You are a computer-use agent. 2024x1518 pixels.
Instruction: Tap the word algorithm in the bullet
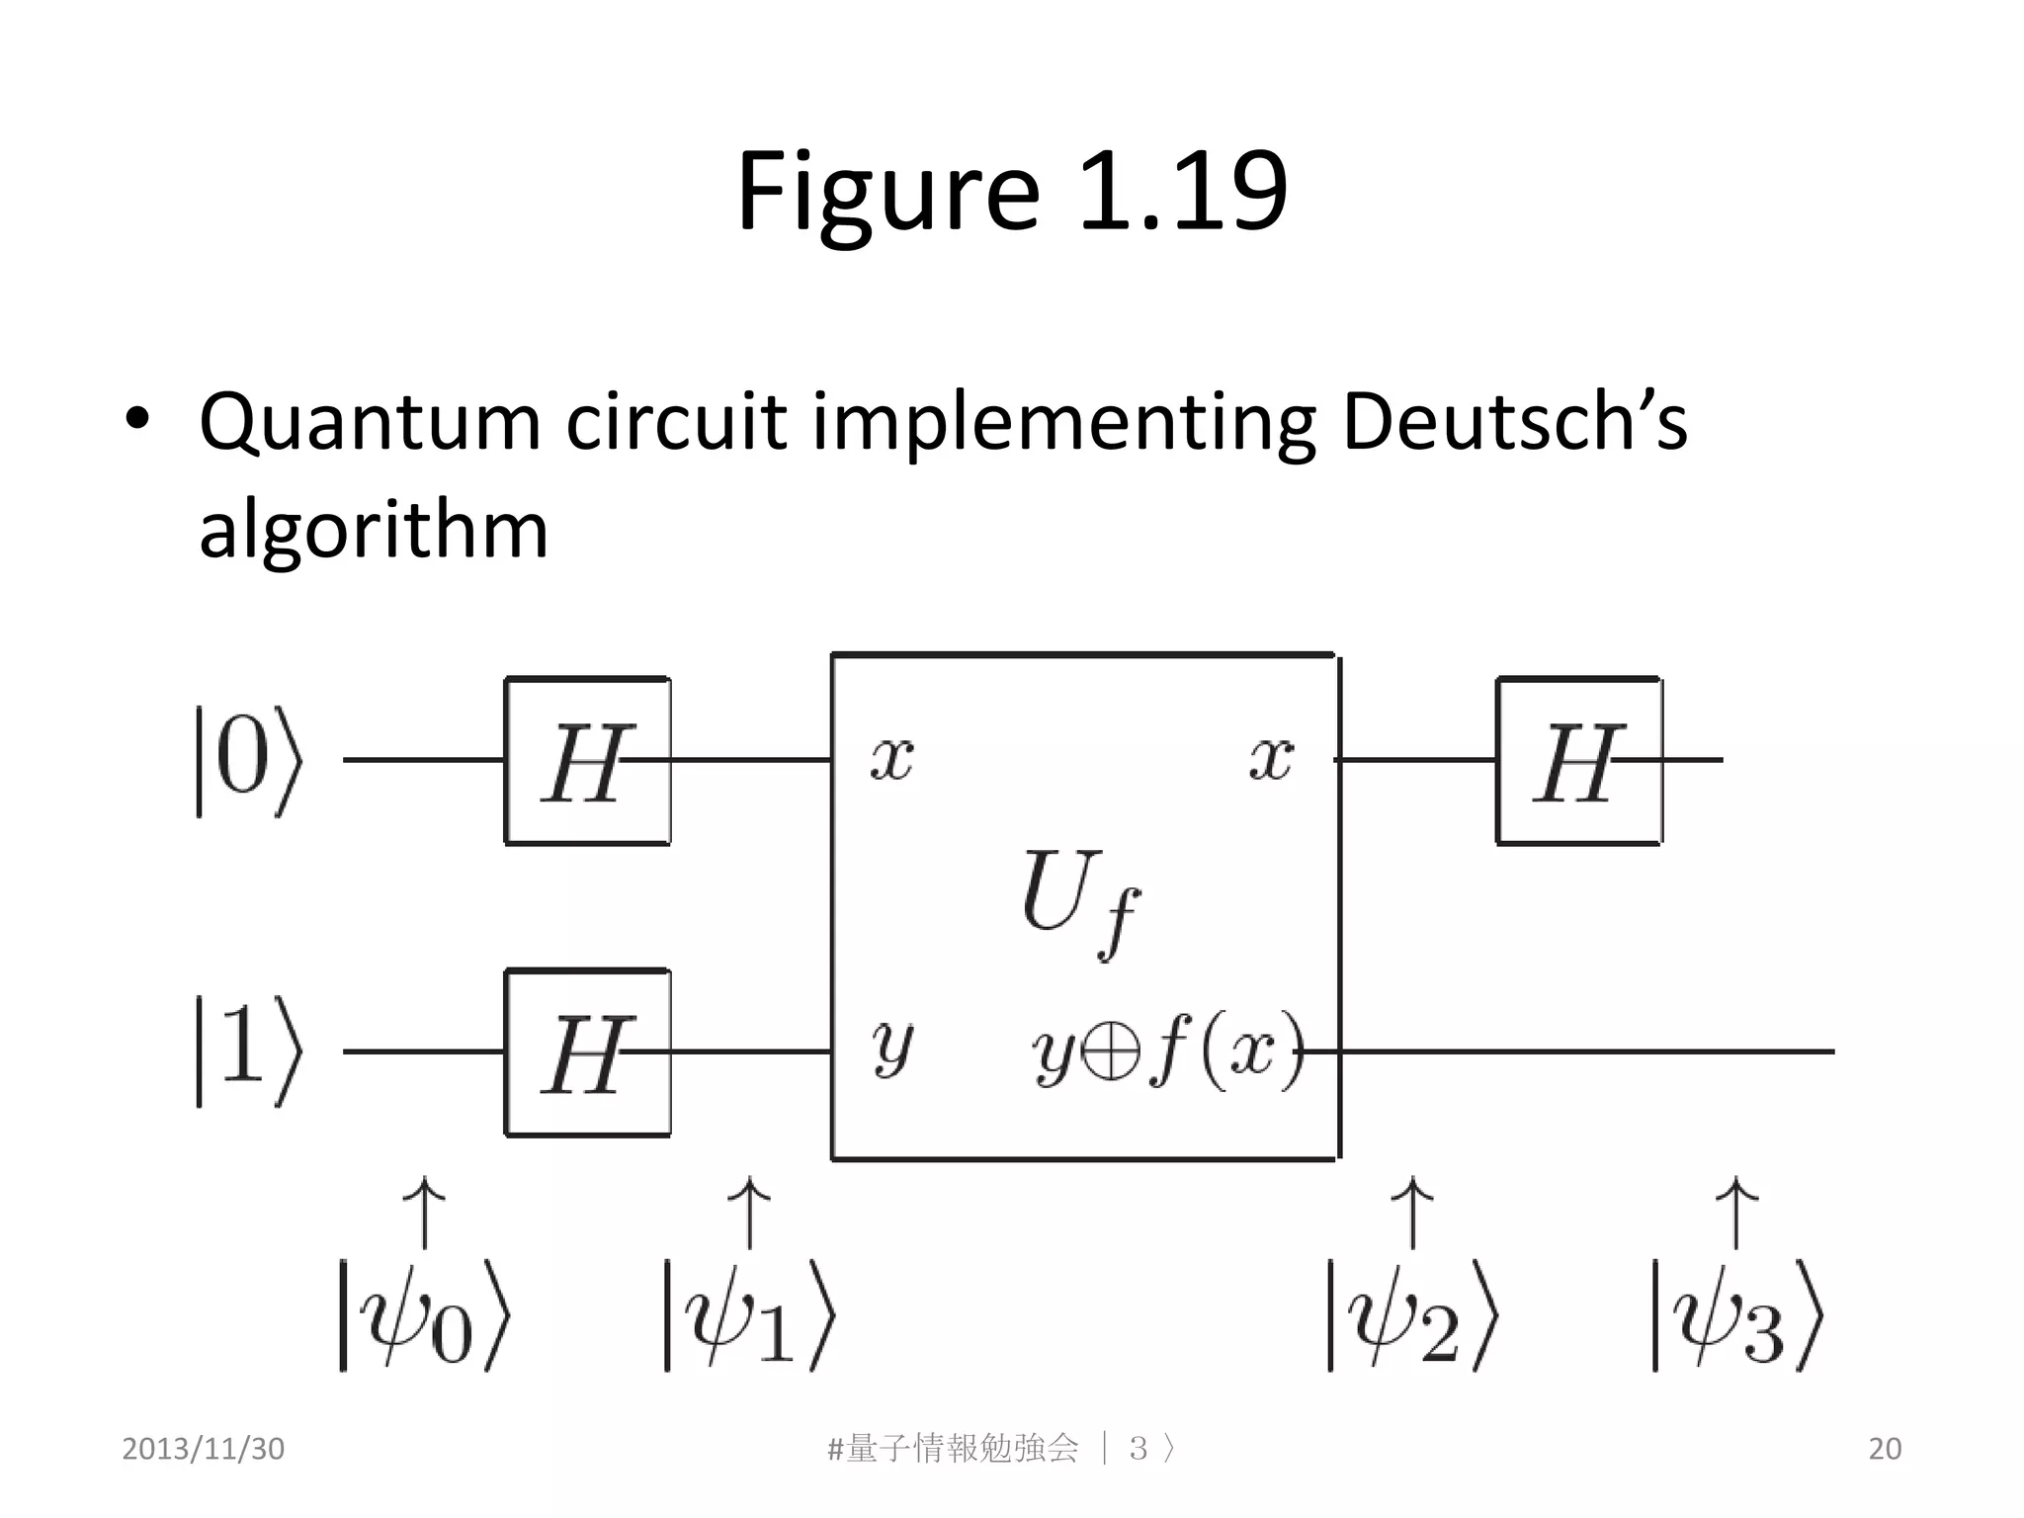coord(374,530)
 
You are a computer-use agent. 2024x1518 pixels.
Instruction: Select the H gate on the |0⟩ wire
coord(587,761)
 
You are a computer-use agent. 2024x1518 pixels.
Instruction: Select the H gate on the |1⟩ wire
coord(587,1054)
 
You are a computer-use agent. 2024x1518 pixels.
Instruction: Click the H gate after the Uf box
coord(1579,761)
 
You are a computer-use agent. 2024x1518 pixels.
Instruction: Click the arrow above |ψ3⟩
coord(1736,1214)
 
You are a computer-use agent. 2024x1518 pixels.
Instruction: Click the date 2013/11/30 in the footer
coord(203,1449)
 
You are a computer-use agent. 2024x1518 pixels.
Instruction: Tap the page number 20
coord(1885,1449)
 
